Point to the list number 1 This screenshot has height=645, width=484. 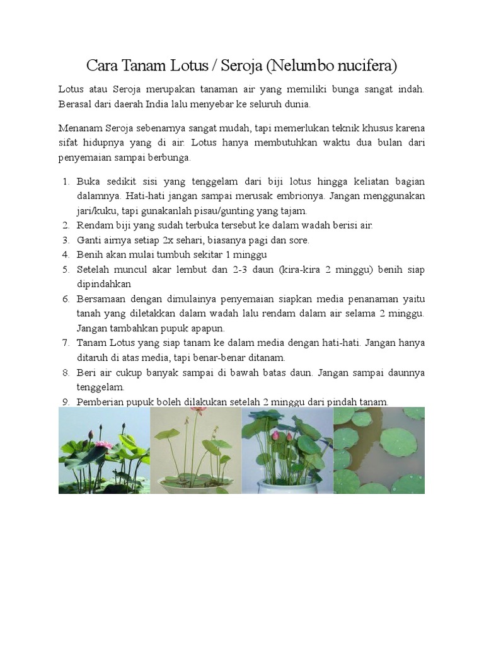(66, 181)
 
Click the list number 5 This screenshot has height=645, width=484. (66, 270)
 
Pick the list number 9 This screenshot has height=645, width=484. (66, 402)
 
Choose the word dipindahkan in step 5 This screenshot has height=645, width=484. (104, 284)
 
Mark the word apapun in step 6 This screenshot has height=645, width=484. (206, 328)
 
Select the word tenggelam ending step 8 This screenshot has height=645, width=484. (100, 387)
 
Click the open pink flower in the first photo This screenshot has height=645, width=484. (103, 445)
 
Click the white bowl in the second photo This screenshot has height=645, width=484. (195, 486)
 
